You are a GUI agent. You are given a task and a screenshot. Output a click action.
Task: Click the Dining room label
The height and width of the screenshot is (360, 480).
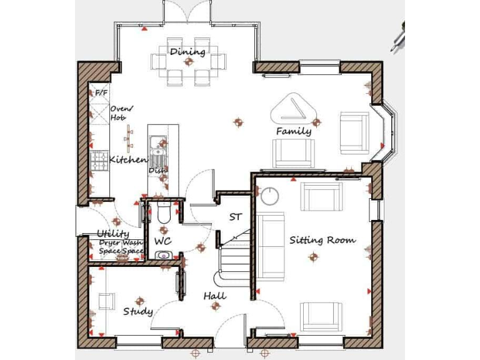(x=187, y=51)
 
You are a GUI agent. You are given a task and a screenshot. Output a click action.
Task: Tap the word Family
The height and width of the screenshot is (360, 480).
(x=294, y=131)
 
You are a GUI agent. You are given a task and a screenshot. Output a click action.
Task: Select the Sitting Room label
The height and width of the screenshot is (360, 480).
(x=322, y=239)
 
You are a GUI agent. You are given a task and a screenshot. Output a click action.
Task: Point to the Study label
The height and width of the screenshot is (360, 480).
(x=137, y=311)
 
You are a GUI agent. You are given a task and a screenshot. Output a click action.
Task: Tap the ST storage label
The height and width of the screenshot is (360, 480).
(x=236, y=217)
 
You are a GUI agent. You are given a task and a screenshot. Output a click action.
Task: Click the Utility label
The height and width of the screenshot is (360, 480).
(x=112, y=233)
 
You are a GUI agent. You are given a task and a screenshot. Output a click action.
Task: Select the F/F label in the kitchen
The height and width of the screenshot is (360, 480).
(x=101, y=93)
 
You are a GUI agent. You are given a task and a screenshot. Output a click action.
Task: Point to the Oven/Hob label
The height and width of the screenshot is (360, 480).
(x=119, y=112)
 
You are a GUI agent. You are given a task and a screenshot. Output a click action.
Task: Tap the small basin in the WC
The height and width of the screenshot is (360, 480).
(x=163, y=255)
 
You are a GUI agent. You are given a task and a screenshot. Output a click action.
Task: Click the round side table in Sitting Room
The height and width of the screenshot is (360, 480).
(x=271, y=196)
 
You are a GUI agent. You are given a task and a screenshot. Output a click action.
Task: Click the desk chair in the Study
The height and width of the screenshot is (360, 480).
(x=106, y=301)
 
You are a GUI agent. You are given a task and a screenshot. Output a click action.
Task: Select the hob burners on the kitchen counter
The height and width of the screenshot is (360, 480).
(x=99, y=161)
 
